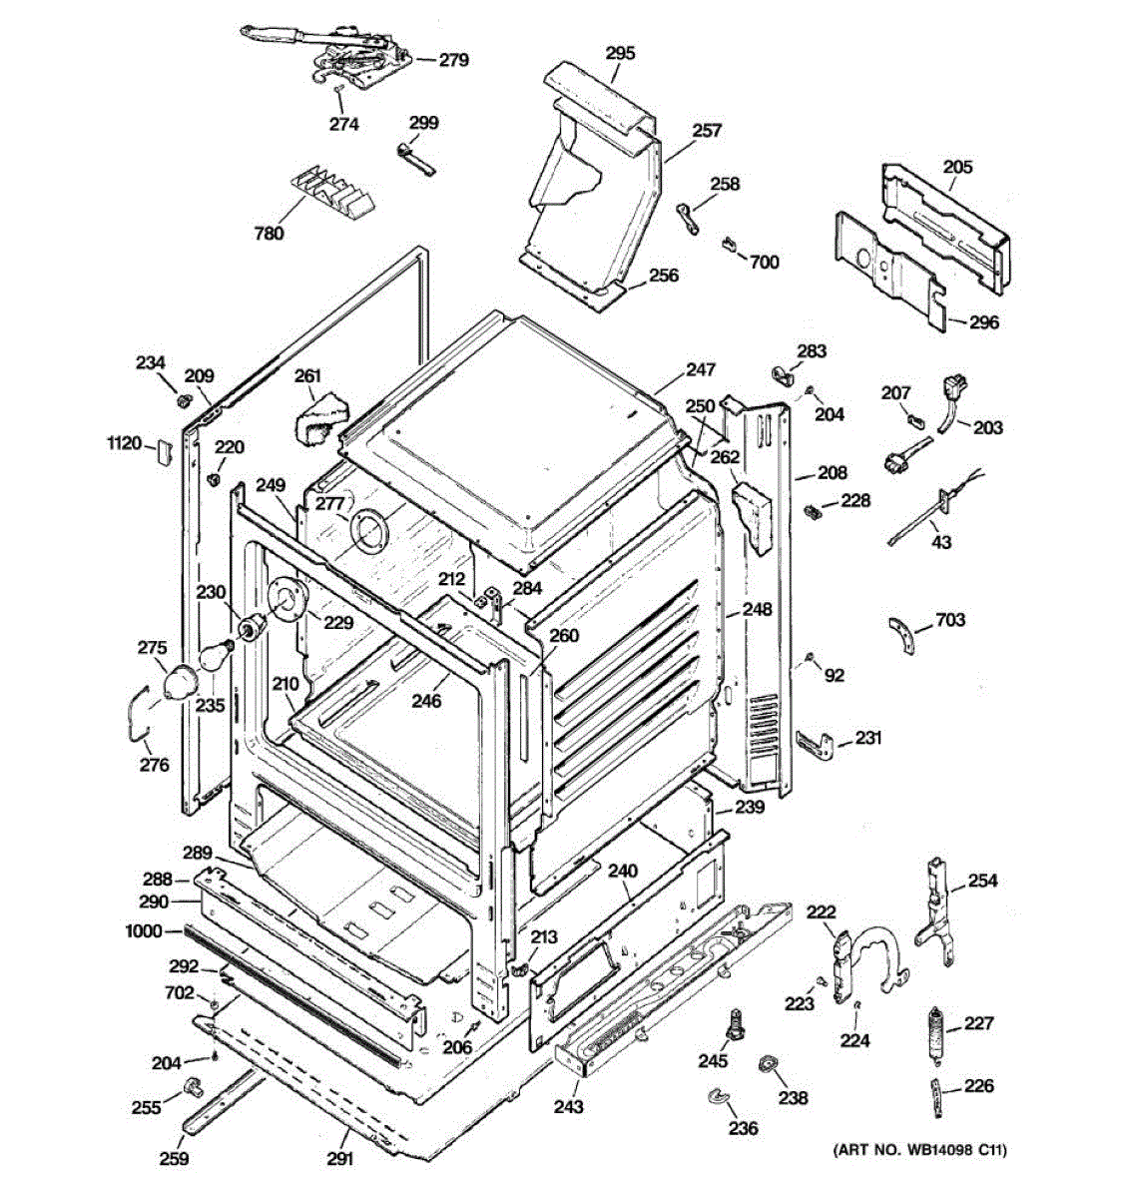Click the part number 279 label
(453, 60)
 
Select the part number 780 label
(269, 233)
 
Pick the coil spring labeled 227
(936, 1034)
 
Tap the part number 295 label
(620, 53)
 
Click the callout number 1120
(124, 444)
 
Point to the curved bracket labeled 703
(903, 635)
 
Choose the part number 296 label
(984, 322)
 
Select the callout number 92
(834, 675)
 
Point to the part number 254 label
(983, 881)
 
